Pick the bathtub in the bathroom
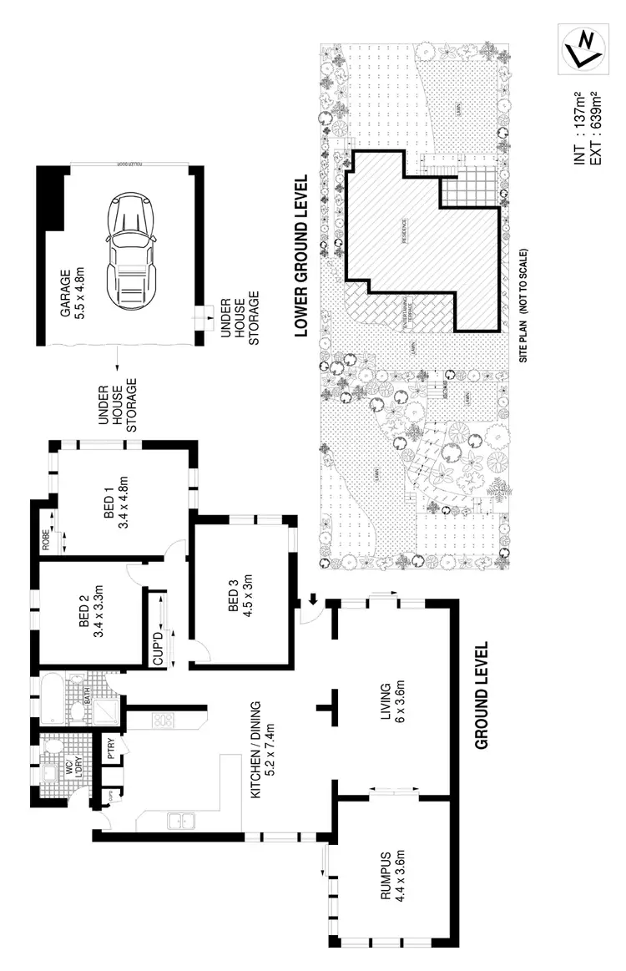(x=51, y=702)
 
